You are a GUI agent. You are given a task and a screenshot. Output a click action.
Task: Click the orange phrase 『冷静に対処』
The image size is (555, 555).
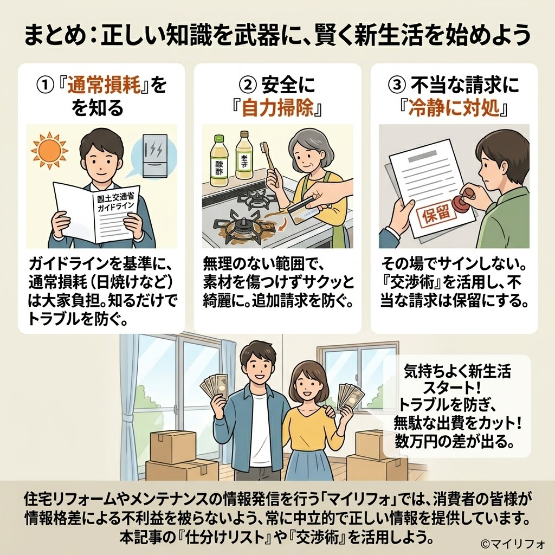coord(454,109)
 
